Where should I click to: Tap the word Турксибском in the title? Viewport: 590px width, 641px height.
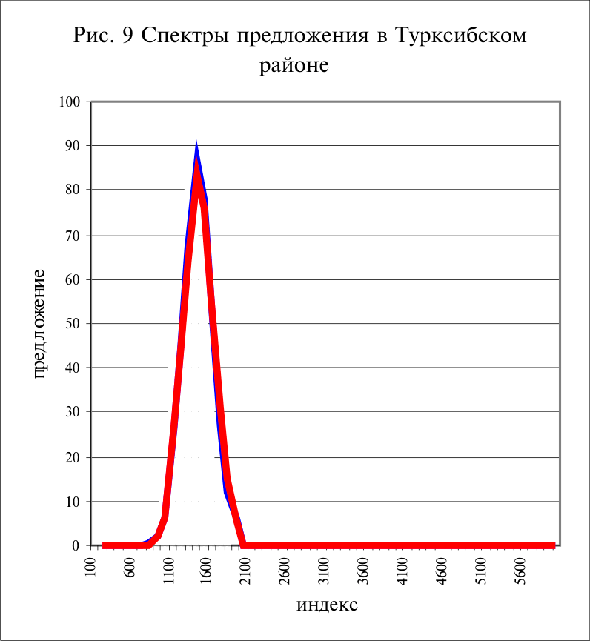pos(461,36)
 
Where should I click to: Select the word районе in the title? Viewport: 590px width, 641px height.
pos(294,65)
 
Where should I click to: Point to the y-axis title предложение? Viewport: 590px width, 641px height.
pos(39,324)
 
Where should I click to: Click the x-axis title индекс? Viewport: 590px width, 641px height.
pos(327,605)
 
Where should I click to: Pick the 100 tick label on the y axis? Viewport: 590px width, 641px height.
pos(70,102)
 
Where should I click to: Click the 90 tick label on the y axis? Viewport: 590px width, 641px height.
pos(73,145)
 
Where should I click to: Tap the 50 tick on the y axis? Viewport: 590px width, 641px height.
pos(73,323)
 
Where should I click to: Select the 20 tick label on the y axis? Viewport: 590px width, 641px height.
pos(73,457)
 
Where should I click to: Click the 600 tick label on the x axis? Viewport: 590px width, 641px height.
pos(130,567)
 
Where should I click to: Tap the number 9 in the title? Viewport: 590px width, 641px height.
pos(127,36)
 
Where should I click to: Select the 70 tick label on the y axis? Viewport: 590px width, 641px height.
pos(73,236)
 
